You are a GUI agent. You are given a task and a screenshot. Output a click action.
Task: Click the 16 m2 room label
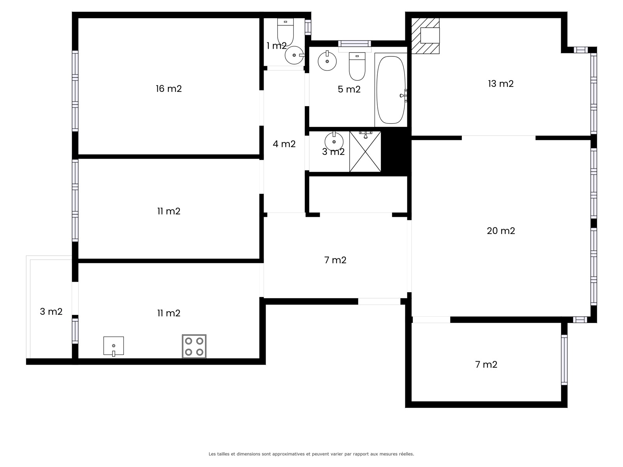169,89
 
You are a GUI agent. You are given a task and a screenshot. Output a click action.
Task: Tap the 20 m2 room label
501,231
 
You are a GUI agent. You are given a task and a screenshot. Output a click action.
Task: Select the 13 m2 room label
501,84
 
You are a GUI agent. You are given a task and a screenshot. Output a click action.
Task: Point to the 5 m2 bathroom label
349,90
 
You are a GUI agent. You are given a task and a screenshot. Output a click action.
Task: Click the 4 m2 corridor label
284,144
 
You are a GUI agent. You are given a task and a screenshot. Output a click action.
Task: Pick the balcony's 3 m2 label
51,312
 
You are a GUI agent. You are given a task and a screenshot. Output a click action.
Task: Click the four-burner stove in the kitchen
194,346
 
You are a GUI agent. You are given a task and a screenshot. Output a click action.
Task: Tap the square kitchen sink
114,346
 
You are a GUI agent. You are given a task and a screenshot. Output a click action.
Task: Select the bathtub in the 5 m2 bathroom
391,90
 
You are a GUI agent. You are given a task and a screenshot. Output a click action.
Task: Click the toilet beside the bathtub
357,66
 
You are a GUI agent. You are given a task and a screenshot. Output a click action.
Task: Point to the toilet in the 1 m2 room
285,32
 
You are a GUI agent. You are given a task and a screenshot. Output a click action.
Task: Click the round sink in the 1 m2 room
295,55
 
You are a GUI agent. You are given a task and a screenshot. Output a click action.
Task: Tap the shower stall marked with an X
365,151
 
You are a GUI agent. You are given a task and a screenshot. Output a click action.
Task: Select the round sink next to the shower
334,141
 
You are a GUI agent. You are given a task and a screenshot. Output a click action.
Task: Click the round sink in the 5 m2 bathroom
327,61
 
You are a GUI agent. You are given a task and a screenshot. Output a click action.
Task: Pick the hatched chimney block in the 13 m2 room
425,36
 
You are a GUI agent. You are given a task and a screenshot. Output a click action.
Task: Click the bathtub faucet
404,96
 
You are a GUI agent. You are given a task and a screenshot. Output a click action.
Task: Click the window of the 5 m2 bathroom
354,43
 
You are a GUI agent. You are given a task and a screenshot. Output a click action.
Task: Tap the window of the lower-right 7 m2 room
564,360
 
